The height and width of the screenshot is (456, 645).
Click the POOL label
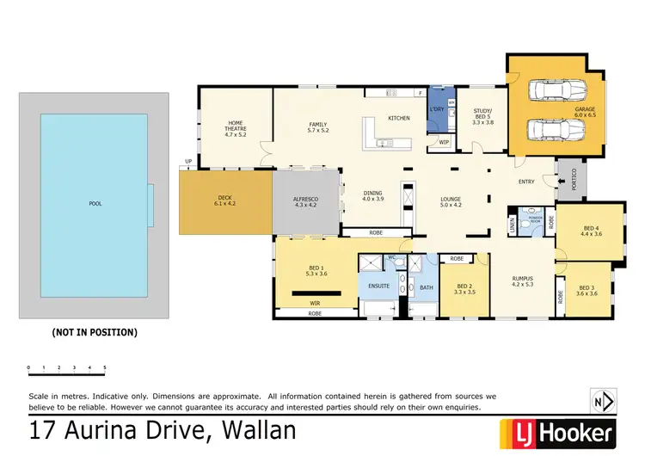click(x=95, y=205)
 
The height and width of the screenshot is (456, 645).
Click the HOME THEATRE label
click(x=235, y=128)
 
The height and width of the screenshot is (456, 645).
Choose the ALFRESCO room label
click(x=305, y=203)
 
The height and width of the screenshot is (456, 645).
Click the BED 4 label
click(x=592, y=230)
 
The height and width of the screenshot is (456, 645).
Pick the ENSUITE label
click(x=379, y=286)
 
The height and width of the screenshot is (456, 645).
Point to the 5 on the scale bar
click(x=105, y=368)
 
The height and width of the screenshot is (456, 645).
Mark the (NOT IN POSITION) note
click(x=95, y=331)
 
